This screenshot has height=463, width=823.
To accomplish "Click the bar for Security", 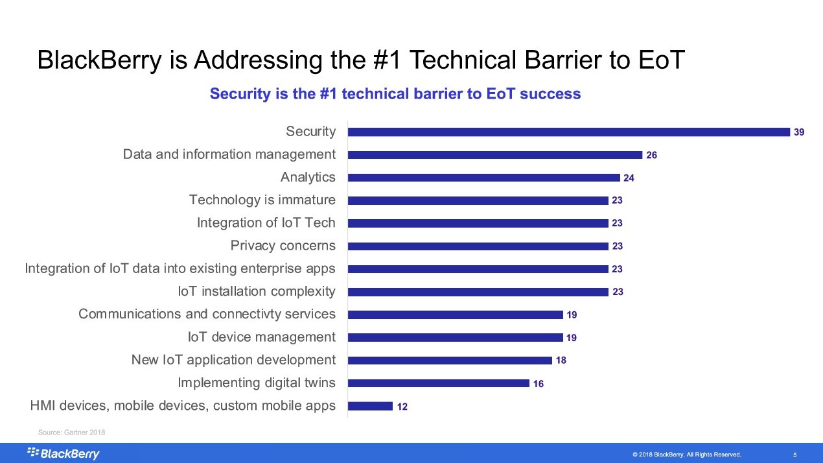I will [x=568, y=132].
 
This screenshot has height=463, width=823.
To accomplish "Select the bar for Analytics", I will [x=483, y=178].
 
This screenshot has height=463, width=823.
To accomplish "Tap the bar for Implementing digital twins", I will [x=438, y=383].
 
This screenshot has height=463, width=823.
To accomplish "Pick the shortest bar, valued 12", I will [x=370, y=406].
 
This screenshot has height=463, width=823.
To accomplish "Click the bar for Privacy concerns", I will [x=478, y=246].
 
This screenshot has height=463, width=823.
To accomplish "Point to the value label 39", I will [x=799, y=132].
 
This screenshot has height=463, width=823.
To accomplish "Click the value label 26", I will [x=651, y=155].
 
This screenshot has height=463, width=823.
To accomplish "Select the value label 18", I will [x=561, y=361].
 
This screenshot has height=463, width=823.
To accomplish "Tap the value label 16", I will [x=538, y=384].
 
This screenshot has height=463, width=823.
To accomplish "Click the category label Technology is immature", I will [x=262, y=200].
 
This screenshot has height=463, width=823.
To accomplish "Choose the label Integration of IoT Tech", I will [x=266, y=223].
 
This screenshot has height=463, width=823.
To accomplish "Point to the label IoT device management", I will [x=261, y=337].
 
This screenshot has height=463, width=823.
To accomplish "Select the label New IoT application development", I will [x=233, y=360].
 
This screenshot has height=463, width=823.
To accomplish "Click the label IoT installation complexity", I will [x=257, y=292].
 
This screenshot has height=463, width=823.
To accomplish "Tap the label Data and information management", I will [x=229, y=154].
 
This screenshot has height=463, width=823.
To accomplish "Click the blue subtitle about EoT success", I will [x=395, y=94].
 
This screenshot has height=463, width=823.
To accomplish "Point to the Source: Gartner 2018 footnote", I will [x=71, y=432].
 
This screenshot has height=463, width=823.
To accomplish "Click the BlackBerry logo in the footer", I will [x=63, y=453].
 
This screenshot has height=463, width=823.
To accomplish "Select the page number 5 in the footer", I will [x=794, y=455].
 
